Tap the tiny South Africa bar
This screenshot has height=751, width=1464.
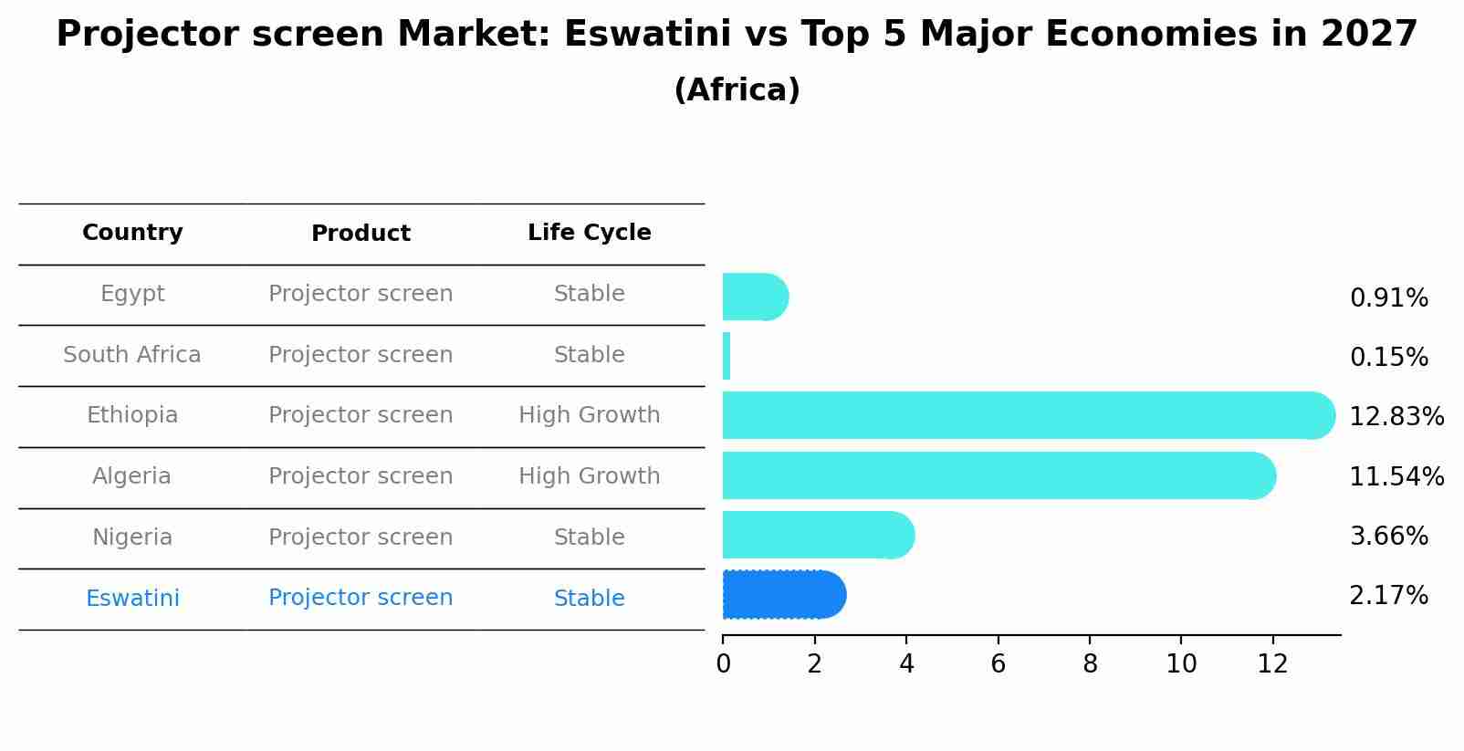(727, 356)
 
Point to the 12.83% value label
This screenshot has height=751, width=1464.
(1396, 417)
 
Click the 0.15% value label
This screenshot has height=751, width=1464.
(1388, 358)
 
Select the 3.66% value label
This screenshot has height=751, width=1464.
(1388, 537)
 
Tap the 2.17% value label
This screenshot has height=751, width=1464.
(1388, 596)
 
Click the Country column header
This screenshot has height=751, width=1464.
(132, 233)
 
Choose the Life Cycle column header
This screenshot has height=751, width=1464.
(589, 233)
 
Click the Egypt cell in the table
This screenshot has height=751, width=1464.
(132, 294)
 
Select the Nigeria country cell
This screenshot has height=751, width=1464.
(132, 537)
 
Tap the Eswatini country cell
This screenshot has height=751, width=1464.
(132, 599)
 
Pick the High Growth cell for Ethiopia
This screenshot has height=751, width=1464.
(589, 415)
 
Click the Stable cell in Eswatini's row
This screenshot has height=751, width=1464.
(589, 599)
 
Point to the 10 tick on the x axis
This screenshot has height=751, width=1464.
(1181, 664)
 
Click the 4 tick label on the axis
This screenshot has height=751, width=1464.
(906, 664)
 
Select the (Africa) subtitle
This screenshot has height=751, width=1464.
(737, 90)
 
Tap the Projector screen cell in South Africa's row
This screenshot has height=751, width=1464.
(361, 355)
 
